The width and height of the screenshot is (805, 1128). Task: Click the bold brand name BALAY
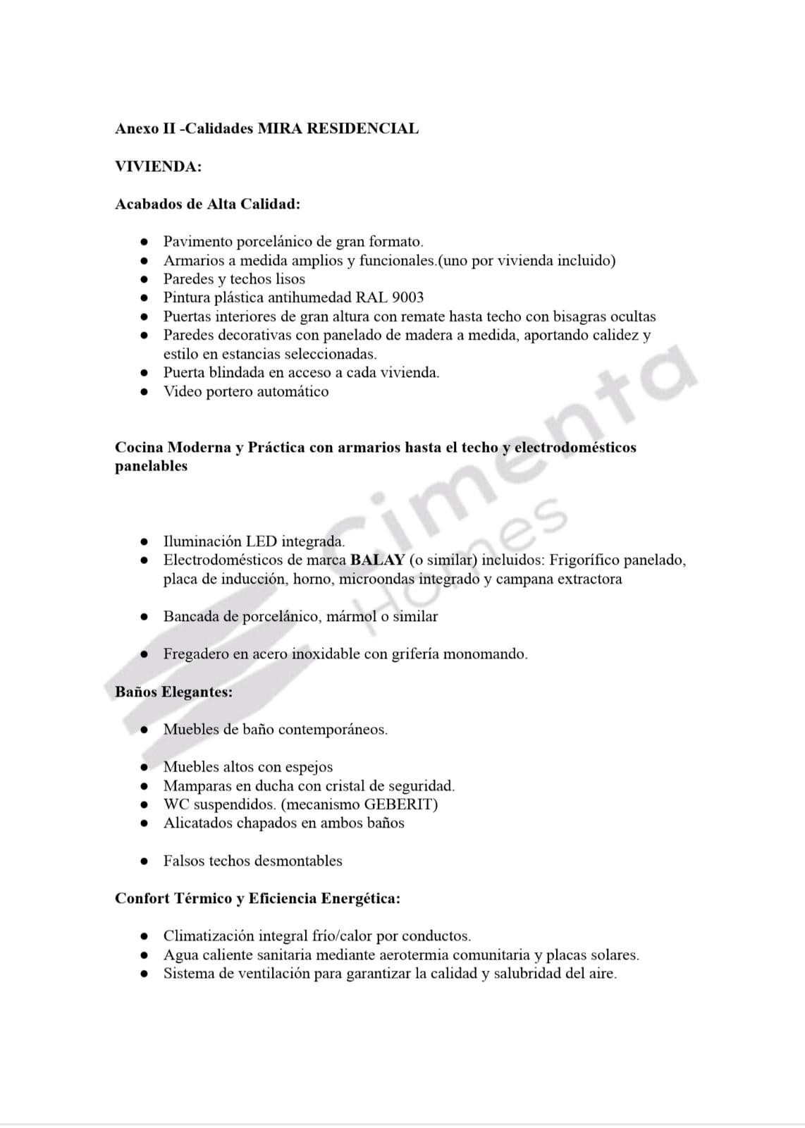[377, 560]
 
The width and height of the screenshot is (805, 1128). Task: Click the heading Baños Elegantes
[173, 692]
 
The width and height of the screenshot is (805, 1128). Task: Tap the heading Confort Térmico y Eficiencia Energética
[258, 898]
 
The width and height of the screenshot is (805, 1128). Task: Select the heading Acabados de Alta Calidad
[207, 204]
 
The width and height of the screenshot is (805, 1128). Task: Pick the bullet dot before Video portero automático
[144, 391]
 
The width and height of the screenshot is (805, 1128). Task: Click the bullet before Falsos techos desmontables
[144, 861]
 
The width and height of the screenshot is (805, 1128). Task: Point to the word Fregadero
[195, 654]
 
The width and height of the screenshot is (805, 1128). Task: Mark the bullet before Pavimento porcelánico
[144, 242]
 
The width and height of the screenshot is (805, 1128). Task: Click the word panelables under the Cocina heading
[151, 466]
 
